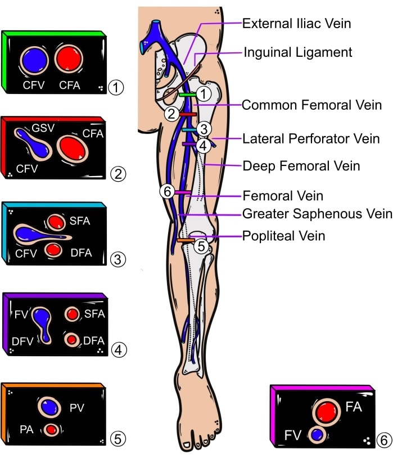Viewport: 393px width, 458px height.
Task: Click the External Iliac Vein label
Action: pyautogui.click(x=296, y=24)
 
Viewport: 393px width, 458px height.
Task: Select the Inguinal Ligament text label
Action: pyautogui.click(x=297, y=52)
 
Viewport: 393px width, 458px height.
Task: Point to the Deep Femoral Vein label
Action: pyautogui.click(x=301, y=166)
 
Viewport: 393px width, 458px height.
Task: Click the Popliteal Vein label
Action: pyautogui.click(x=283, y=235)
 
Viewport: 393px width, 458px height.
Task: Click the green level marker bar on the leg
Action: pyautogui.click(x=188, y=96)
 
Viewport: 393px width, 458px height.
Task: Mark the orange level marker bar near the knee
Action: pyautogui.click(x=186, y=241)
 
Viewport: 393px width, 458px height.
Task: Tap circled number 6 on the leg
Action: pyautogui.click(x=166, y=192)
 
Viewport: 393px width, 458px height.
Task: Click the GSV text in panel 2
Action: pyautogui.click(x=43, y=128)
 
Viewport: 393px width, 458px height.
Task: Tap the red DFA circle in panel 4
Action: pyautogui.click(x=72, y=340)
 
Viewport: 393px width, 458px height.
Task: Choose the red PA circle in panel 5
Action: pyautogui.click(x=52, y=429)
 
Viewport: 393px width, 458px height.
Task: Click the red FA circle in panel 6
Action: pyautogui.click(x=325, y=412)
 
